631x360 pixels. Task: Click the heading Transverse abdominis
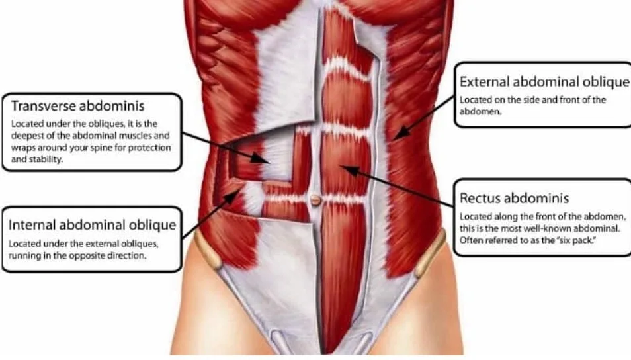[77, 106]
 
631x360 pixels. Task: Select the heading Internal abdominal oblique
[92, 225]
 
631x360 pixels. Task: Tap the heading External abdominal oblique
[544, 82]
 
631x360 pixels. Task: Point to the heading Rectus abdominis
[515, 198]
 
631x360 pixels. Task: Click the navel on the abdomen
[315, 199]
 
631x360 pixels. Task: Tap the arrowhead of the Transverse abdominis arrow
[261, 158]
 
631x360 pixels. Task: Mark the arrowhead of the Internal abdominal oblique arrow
[231, 197]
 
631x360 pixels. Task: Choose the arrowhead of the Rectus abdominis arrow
[350, 170]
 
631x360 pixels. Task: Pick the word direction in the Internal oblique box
[127, 255]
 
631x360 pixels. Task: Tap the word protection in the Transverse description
[149, 148]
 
